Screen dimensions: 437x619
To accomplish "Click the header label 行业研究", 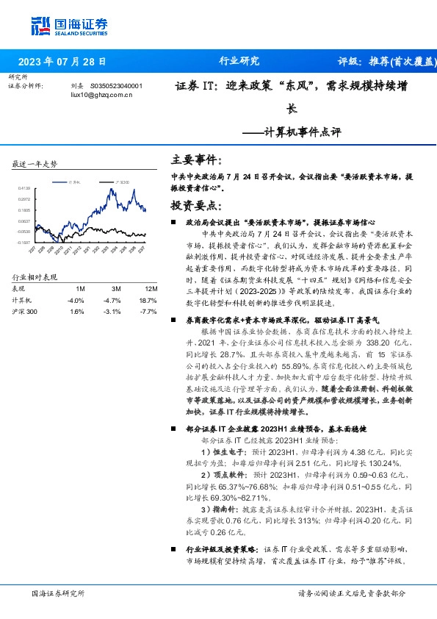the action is [239, 62].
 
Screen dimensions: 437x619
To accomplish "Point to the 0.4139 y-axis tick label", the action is [24, 188].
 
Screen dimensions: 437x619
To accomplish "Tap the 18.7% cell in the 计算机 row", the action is [148, 301].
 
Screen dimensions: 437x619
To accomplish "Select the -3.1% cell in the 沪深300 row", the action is [112, 312].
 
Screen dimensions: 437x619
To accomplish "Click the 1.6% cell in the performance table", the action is [77, 312].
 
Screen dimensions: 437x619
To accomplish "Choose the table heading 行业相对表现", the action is [35, 278].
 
